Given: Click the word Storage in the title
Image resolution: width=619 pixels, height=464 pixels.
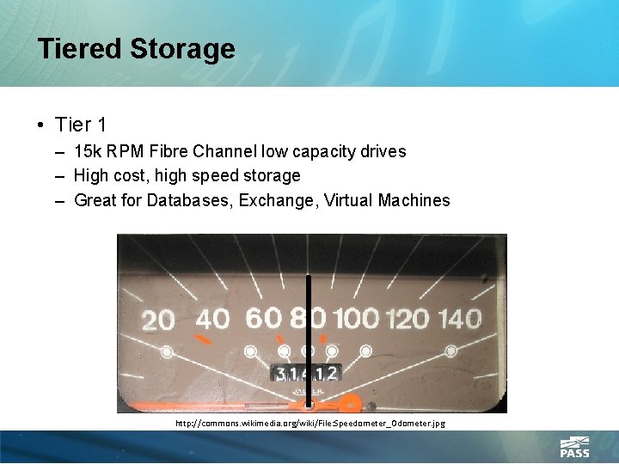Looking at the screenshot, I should tap(182, 49).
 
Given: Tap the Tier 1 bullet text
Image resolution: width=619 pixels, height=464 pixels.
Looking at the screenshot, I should tap(80, 125).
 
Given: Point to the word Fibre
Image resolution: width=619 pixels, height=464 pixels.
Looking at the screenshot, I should tap(168, 152).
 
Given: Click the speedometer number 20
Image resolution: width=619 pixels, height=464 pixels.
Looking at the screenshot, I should tap(158, 321).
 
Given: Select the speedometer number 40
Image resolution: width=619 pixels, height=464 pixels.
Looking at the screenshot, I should tap(212, 319).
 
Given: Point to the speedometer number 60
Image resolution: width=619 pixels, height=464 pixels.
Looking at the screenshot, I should tap(263, 318).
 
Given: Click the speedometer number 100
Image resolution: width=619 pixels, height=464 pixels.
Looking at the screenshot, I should tap(356, 319).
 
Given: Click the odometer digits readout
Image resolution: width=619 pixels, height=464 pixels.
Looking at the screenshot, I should tap(307, 373).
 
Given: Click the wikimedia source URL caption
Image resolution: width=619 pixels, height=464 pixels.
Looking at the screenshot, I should tap(309, 424).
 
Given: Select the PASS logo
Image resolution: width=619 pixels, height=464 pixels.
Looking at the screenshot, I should tap(574, 448).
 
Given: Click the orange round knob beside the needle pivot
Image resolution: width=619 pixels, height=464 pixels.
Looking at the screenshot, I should tap(350, 402).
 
